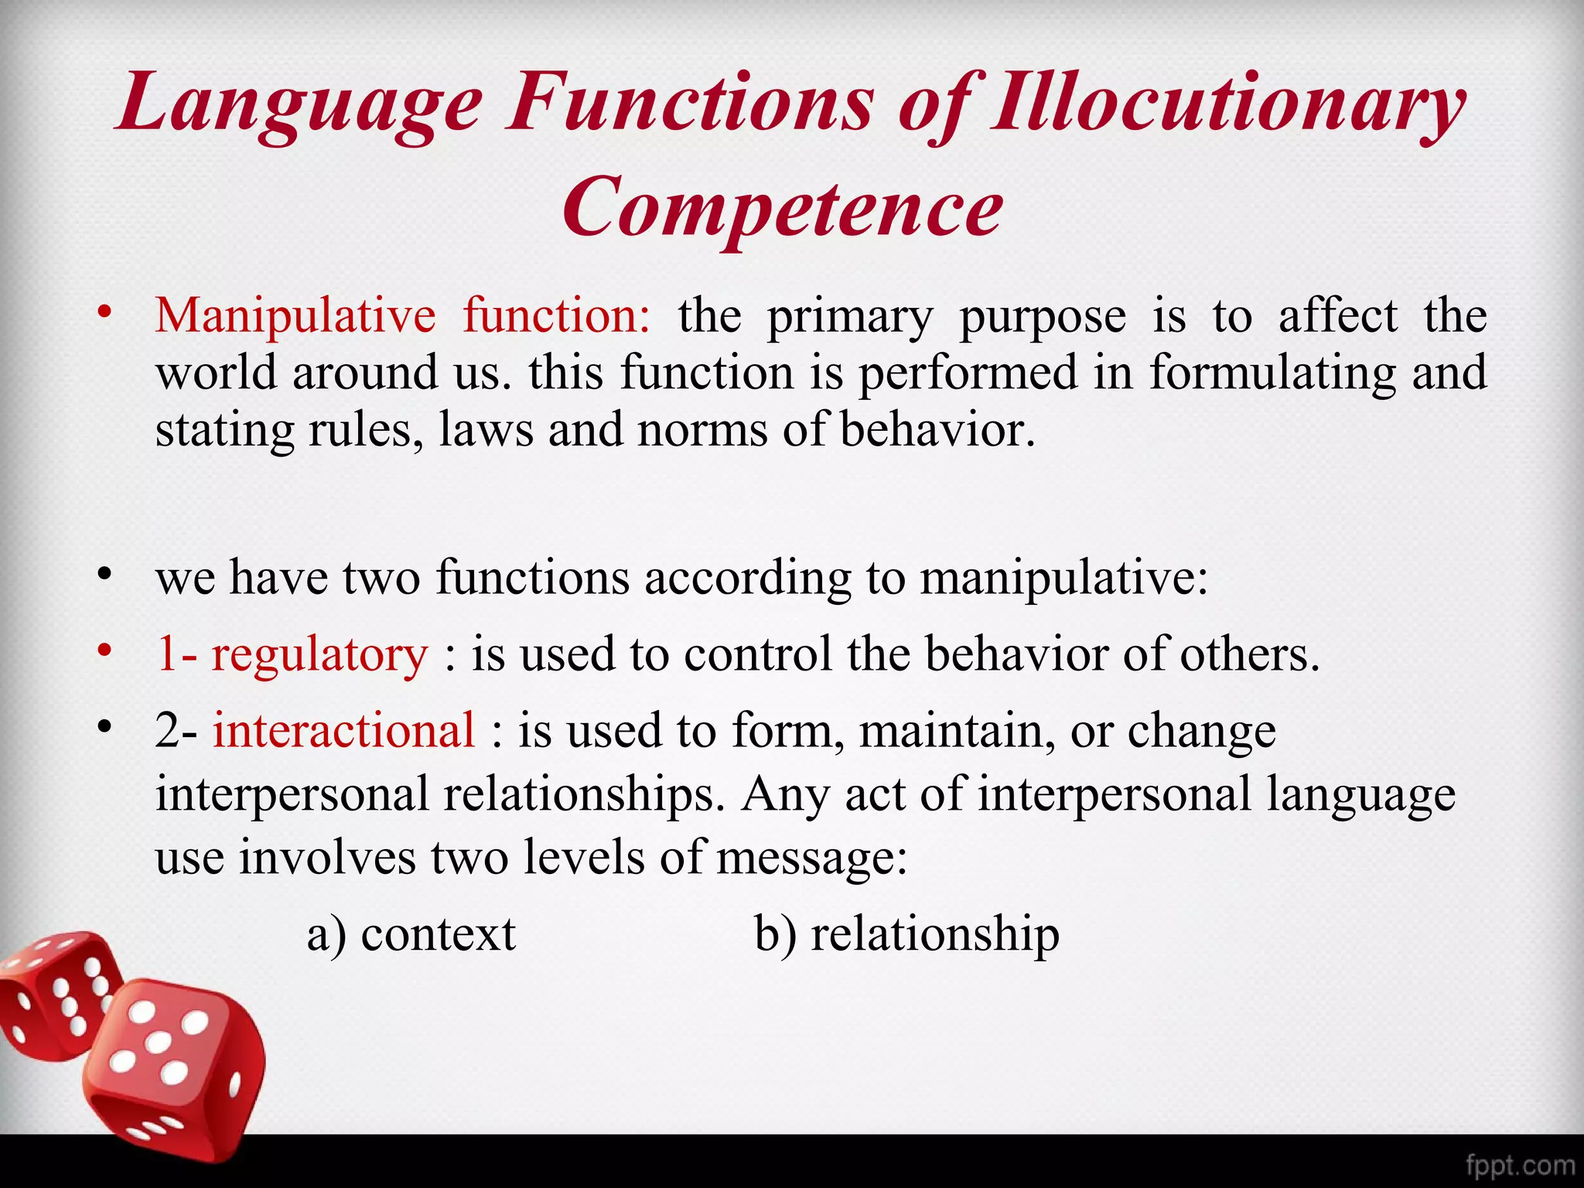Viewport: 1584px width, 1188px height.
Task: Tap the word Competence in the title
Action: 783,207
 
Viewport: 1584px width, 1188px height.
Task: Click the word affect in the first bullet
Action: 1338,316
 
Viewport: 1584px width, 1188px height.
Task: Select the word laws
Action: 486,430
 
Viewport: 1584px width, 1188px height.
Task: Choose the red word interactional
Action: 344,730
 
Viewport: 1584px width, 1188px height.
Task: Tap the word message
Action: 811,858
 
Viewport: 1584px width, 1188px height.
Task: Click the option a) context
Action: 411,934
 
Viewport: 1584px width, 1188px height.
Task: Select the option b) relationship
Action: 906,934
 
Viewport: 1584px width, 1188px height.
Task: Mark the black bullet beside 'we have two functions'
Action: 104,575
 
